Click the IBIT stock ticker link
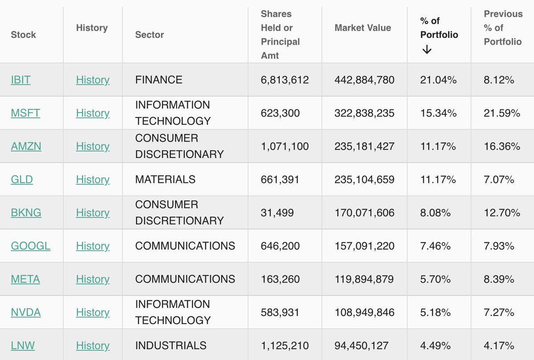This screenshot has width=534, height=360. click(x=20, y=80)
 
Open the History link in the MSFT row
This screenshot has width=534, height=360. click(x=93, y=113)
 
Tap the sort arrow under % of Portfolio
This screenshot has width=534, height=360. click(x=427, y=50)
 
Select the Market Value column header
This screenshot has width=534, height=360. click(x=363, y=28)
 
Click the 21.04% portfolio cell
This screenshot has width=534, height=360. click(x=438, y=80)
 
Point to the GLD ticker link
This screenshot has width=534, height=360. click(x=22, y=180)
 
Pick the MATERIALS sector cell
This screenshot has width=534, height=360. click(x=165, y=180)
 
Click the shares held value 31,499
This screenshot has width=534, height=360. click(x=277, y=213)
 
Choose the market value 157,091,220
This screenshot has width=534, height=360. click(x=364, y=246)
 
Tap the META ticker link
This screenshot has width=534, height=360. click(x=25, y=279)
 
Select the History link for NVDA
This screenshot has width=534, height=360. click(x=93, y=312)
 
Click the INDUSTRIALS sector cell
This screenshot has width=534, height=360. click(x=171, y=346)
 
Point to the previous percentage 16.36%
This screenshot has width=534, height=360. click(x=502, y=146)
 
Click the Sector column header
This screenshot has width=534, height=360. click(x=150, y=35)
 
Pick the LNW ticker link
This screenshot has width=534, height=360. click(x=23, y=346)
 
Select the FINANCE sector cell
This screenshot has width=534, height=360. click(x=159, y=80)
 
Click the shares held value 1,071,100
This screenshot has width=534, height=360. click(x=285, y=146)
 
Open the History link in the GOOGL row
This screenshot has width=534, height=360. click(x=93, y=246)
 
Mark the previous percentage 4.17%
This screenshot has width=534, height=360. click(x=499, y=346)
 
